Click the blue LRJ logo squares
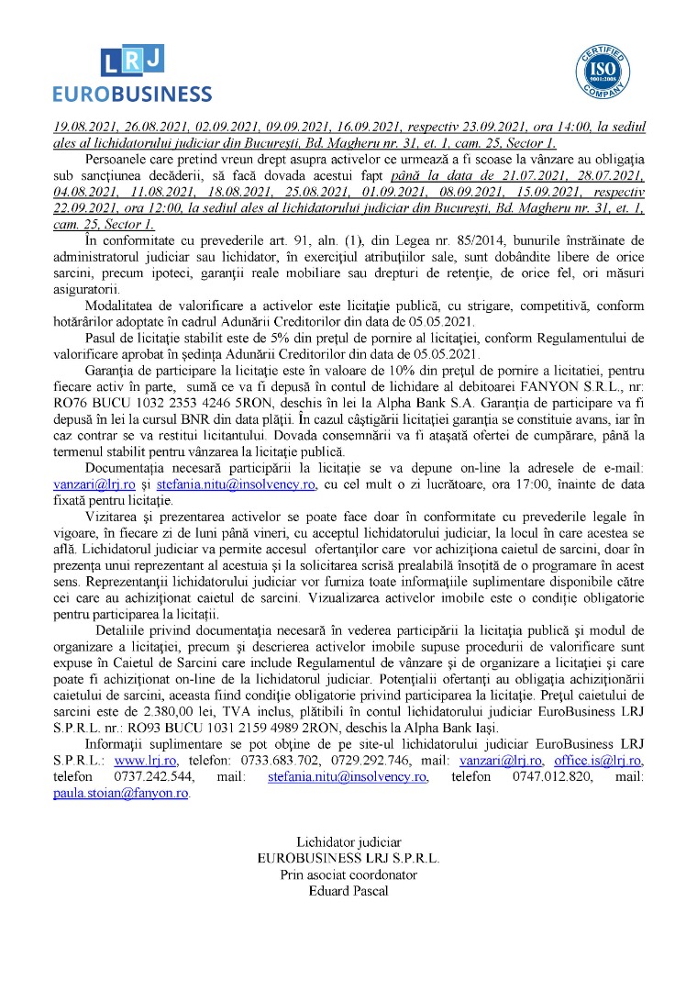(x=133, y=61)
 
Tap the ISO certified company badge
(x=603, y=72)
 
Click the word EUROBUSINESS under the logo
(x=132, y=95)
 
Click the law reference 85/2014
(x=413, y=239)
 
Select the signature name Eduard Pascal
(x=348, y=891)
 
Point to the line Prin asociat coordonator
(x=348, y=874)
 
